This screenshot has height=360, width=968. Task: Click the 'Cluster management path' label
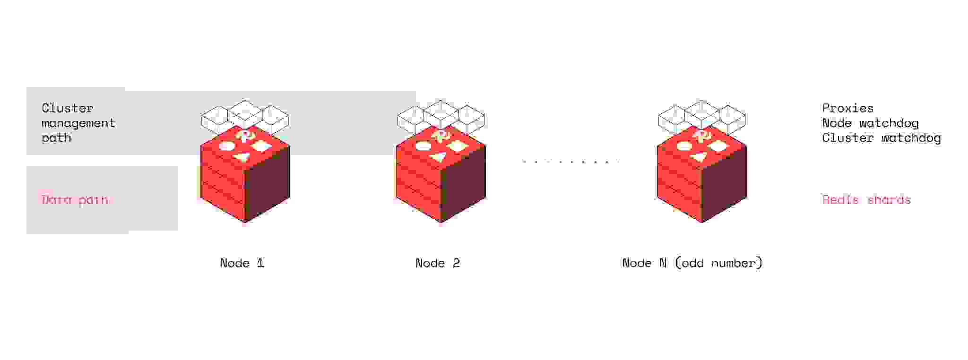click(78, 123)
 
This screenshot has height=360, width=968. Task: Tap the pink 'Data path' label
click(75, 200)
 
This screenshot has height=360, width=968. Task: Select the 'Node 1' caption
click(242, 263)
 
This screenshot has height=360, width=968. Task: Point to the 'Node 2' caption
click(438, 263)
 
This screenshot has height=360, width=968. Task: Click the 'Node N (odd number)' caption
click(692, 263)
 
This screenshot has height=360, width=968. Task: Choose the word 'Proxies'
click(847, 108)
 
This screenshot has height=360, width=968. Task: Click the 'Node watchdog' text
click(870, 123)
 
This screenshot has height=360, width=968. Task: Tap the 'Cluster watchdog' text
click(882, 138)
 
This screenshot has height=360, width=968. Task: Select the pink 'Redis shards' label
click(866, 200)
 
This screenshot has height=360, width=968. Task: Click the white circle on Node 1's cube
click(226, 146)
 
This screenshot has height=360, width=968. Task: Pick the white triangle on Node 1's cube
click(242, 157)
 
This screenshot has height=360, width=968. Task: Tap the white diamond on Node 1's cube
click(261, 146)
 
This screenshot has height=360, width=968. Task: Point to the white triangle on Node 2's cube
click(438, 157)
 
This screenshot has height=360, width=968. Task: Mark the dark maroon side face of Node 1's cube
click(267, 184)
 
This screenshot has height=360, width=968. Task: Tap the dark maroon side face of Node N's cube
click(724, 184)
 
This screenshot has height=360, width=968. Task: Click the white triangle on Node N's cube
click(699, 157)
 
